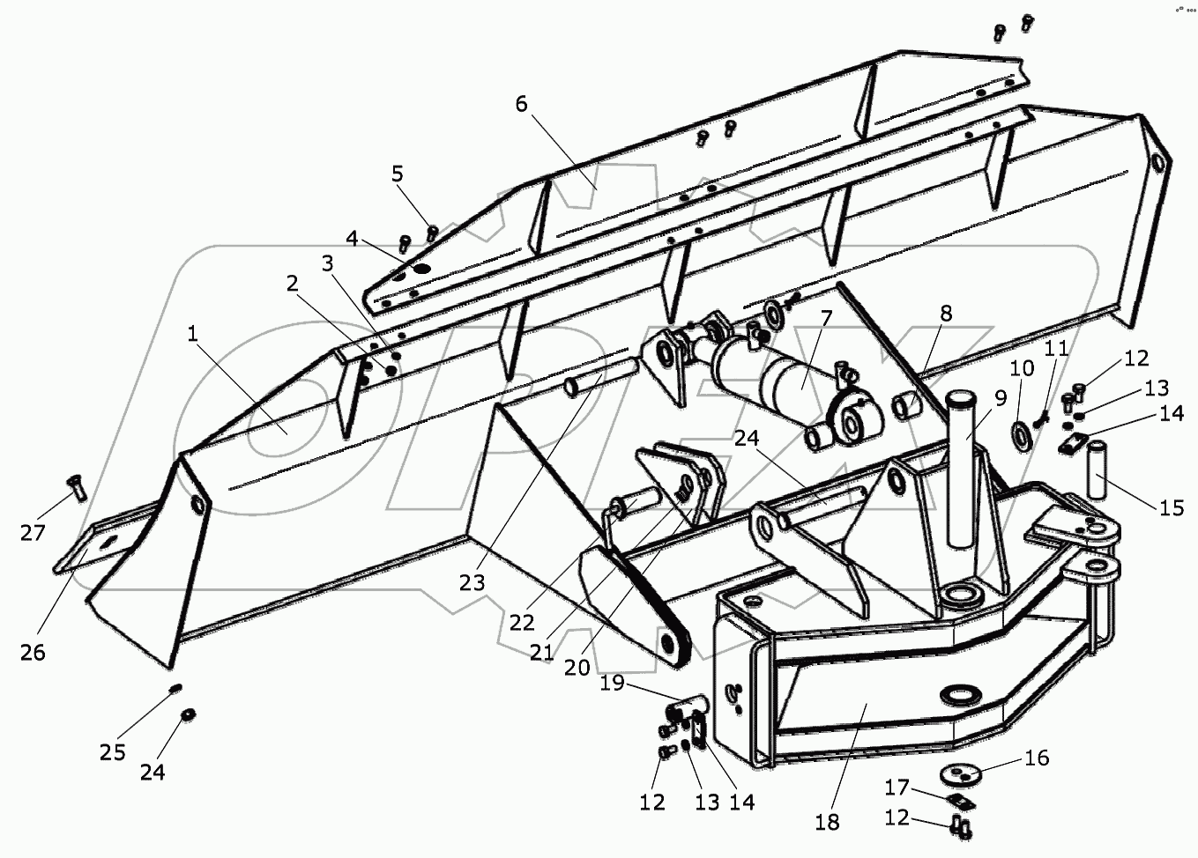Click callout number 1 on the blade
click(x=193, y=335)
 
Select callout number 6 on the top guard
click(x=521, y=104)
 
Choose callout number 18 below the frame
click(x=827, y=822)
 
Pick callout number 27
click(x=33, y=533)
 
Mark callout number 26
click(x=33, y=653)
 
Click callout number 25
click(x=112, y=752)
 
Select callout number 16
click(x=1038, y=758)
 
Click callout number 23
click(x=472, y=582)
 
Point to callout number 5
click(x=398, y=174)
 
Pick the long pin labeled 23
click(x=599, y=374)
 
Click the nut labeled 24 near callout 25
click(x=187, y=714)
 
